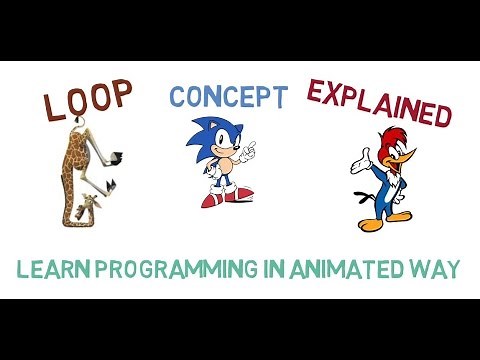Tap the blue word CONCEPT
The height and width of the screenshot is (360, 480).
[228, 97]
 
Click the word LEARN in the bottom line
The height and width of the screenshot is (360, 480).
[56, 270]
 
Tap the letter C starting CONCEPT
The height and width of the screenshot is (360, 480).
[177, 97]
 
